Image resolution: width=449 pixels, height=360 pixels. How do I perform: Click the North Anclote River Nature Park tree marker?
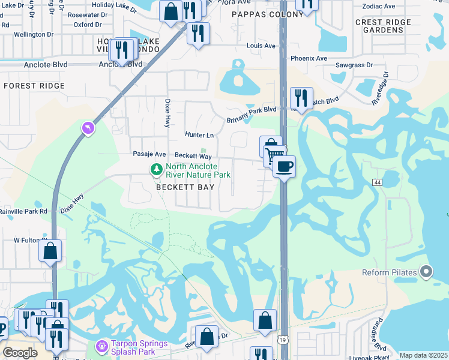[157, 170]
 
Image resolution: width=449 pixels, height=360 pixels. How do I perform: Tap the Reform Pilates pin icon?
[426, 272]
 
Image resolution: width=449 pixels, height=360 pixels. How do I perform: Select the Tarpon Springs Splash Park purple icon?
[101, 347]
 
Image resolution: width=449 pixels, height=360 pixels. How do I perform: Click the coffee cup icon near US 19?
[284, 166]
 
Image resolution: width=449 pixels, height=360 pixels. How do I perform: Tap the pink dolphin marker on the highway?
[88, 128]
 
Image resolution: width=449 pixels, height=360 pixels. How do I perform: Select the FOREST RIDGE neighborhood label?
[34, 86]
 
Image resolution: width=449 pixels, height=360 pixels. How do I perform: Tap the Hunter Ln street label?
[199, 136]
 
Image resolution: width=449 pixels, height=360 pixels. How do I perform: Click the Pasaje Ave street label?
[149, 154]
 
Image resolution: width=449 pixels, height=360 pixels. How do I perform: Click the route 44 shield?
[377, 182]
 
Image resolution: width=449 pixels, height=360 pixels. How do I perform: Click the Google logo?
[20, 353]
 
